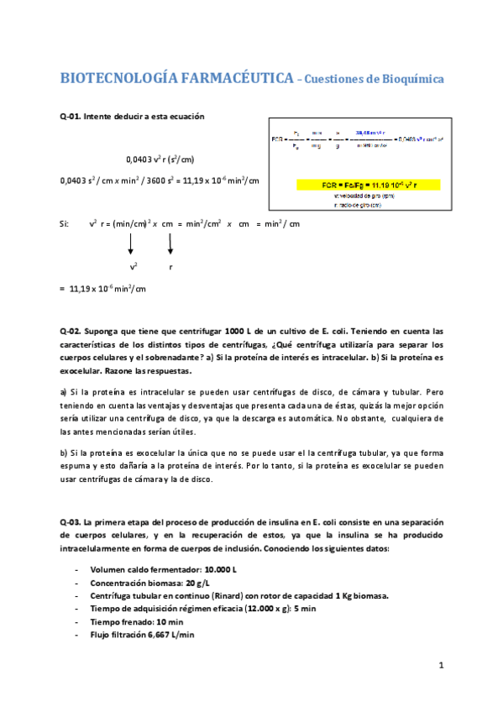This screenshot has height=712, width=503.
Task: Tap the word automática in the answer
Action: click(313, 418)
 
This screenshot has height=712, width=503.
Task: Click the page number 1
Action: click(440, 666)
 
